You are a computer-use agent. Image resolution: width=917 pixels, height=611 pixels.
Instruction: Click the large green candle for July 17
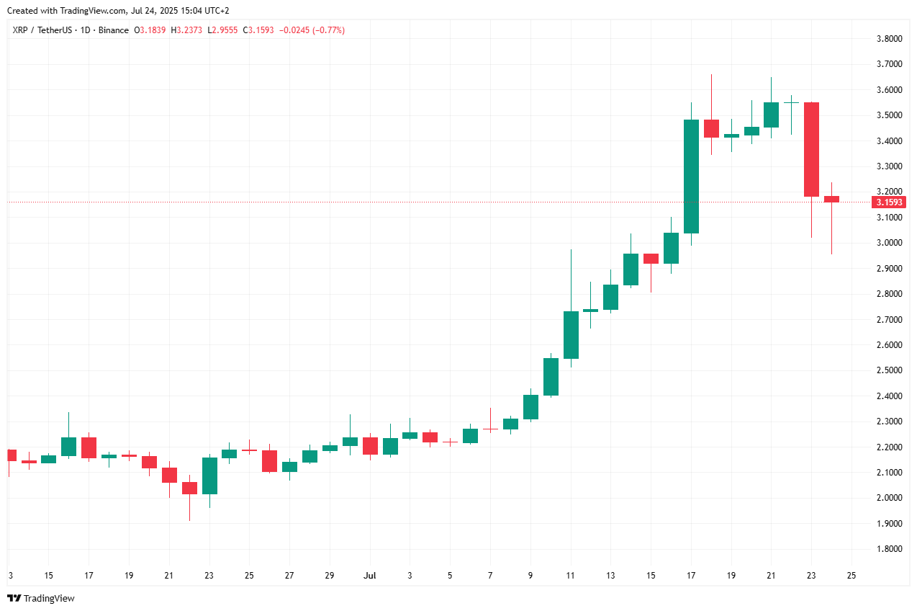click(691, 177)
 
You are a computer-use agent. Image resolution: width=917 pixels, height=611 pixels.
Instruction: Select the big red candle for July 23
click(811, 149)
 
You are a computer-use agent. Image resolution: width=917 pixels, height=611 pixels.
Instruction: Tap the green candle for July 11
click(571, 335)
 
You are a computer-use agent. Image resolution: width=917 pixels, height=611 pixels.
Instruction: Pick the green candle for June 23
click(209, 476)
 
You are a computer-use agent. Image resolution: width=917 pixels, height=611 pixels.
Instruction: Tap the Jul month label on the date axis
click(370, 576)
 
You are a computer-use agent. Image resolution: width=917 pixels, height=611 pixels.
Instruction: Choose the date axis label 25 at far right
click(851, 576)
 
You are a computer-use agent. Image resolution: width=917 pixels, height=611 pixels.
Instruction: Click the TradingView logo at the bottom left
click(41, 598)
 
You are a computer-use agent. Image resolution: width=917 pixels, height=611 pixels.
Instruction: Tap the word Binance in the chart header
click(114, 30)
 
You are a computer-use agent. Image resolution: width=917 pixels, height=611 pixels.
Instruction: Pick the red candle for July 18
click(711, 128)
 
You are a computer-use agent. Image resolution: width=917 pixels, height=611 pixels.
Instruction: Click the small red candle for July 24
click(831, 199)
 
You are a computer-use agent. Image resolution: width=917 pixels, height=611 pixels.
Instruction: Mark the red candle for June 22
click(189, 488)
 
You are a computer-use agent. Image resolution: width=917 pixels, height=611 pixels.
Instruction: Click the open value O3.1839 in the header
click(150, 30)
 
